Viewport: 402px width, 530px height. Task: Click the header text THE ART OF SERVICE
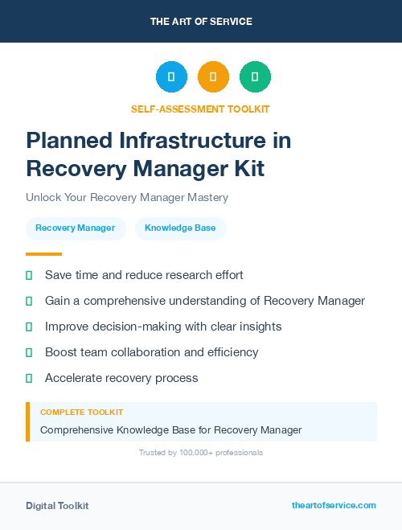[201, 22]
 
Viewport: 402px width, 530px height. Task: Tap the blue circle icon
[171, 77]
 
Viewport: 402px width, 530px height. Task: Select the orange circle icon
[213, 77]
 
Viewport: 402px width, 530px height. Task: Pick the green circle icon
[255, 77]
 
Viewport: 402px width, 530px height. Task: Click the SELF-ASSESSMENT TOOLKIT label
[201, 109]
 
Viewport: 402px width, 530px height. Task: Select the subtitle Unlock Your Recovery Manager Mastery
[127, 197]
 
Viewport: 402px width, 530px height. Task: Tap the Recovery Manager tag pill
[76, 228]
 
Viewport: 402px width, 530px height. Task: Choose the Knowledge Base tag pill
[180, 228]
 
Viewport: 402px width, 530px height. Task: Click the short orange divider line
[43, 254]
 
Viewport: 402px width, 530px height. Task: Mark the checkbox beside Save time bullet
[29, 275]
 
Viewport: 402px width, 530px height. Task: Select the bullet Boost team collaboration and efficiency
[152, 352]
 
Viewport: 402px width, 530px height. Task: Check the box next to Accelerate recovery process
[29, 378]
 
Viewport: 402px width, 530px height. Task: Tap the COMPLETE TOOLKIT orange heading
[81, 412]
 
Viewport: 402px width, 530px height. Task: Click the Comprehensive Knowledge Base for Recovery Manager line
[170, 430]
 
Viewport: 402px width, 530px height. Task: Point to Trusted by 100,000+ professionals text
[201, 453]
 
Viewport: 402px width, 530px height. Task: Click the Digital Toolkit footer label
[57, 506]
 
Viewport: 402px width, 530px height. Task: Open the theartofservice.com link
[334, 505]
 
